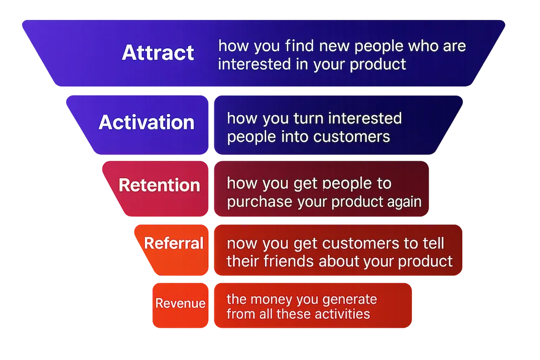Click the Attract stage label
[158, 53]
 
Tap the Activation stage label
[147, 122]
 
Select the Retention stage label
[159, 185]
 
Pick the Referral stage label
[174, 243]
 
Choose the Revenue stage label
[180, 303]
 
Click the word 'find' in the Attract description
[299, 46]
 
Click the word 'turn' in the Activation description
[308, 118]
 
